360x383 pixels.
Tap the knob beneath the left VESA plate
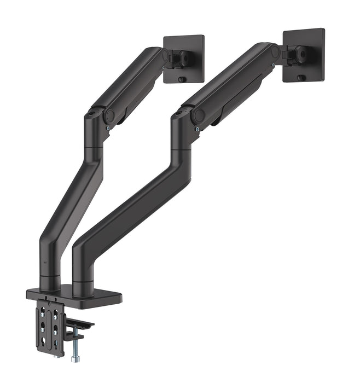click(181, 79)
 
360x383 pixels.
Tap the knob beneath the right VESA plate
click(300, 78)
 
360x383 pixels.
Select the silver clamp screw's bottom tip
click(73, 359)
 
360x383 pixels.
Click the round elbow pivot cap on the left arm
click(110, 115)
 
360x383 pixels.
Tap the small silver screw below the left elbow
click(110, 129)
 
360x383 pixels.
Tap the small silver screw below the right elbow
click(196, 130)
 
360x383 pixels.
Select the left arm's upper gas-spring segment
click(129, 82)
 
